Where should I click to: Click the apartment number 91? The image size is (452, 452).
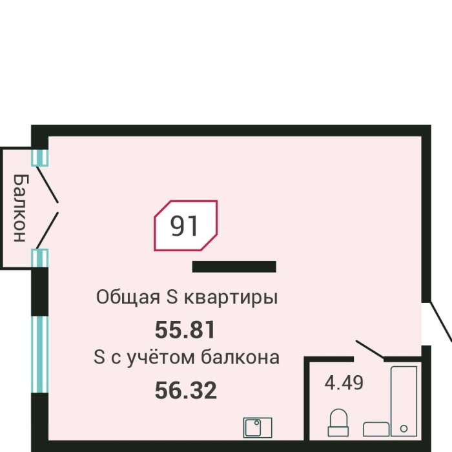(185, 225)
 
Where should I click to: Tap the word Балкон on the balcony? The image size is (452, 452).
(20, 207)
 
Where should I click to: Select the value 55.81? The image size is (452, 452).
(185, 331)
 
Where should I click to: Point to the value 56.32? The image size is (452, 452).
(185, 390)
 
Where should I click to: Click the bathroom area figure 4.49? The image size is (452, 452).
(344, 382)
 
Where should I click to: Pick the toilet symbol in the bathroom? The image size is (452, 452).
(338, 423)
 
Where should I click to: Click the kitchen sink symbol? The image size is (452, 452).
(258, 427)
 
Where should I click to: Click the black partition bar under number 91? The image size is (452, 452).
(234, 267)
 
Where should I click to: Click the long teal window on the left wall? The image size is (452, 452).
(40, 354)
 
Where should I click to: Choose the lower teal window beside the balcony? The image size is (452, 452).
(40, 258)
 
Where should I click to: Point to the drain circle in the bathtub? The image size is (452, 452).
(405, 428)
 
